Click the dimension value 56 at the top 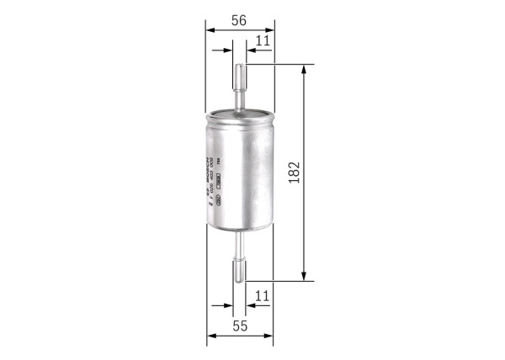pyautogui.click(x=239, y=21)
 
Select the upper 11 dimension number pyautogui.click(x=262, y=40)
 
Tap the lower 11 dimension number pyautogui.click(x=262, y=295)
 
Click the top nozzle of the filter pyautogui.click(x=241, y=84)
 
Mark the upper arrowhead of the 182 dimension pyautogui.click(x=304, y=69)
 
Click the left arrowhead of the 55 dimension pyautogui.click(x=211, y=336)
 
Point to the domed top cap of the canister pyautogui.click(x=240, y=114)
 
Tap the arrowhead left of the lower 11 pyautogui.click(x=230, y=306)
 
